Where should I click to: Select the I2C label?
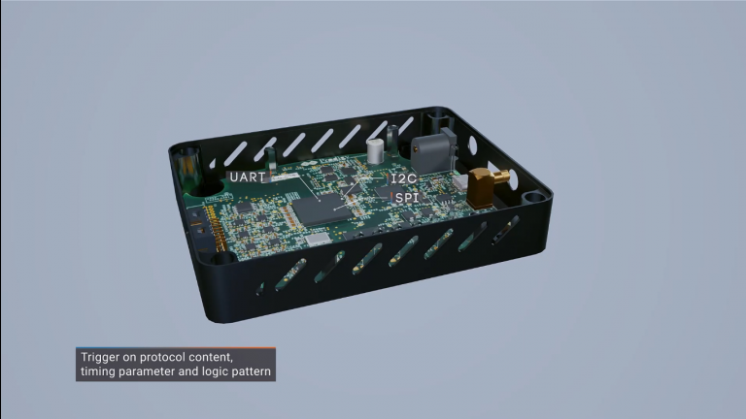pos(404,179)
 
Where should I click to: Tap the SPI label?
pos(406,196)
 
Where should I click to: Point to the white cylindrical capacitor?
pos(375,151)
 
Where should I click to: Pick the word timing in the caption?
pos(101,371)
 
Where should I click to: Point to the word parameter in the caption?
pos(157,371)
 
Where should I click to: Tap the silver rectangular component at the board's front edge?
pos(318,239)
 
